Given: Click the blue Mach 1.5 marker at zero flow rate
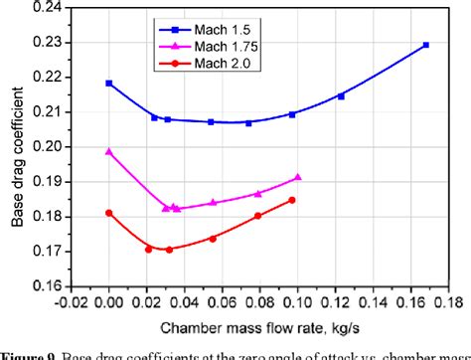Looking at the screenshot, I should (x=108, y=84).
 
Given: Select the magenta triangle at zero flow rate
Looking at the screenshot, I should (x=108, y=151).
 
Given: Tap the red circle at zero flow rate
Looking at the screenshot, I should (x=108, y=213).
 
